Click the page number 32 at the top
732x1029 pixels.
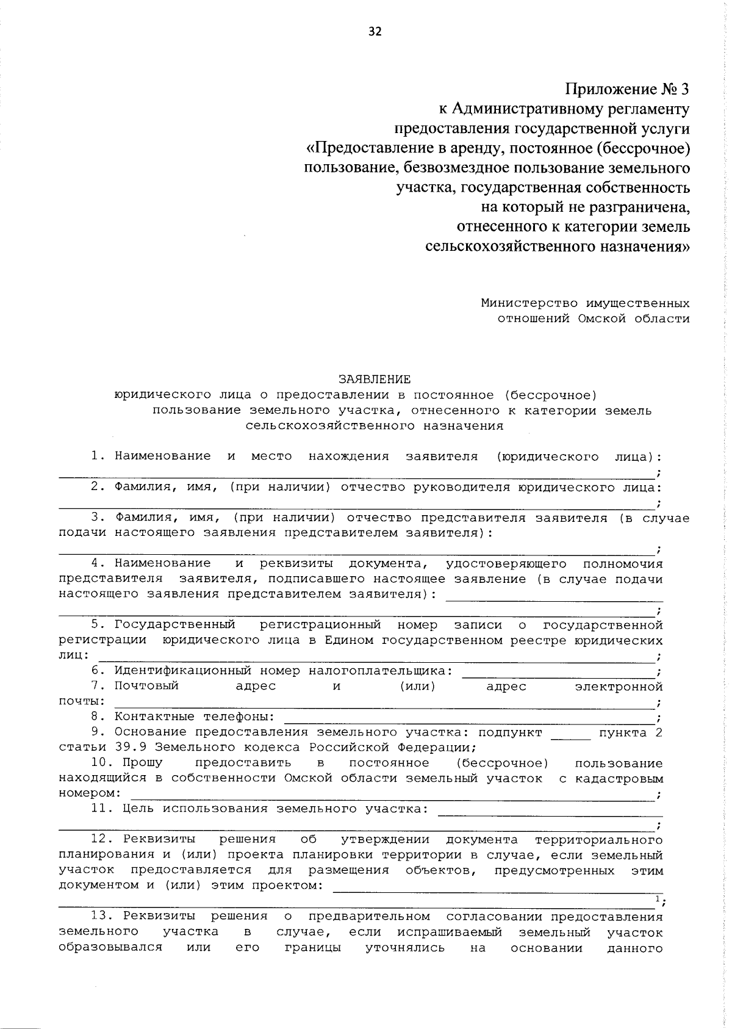[375, 32]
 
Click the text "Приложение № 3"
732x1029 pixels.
[627, 89]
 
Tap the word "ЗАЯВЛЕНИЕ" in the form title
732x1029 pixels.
[375, 379]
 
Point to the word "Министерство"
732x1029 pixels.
[528, 303]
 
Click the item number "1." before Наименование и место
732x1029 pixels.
[98, 456]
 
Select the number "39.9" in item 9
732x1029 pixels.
[131, 747]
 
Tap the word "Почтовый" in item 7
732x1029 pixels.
[146, 685]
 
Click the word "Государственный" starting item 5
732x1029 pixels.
[175, 624]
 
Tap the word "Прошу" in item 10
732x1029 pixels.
[143, 763]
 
